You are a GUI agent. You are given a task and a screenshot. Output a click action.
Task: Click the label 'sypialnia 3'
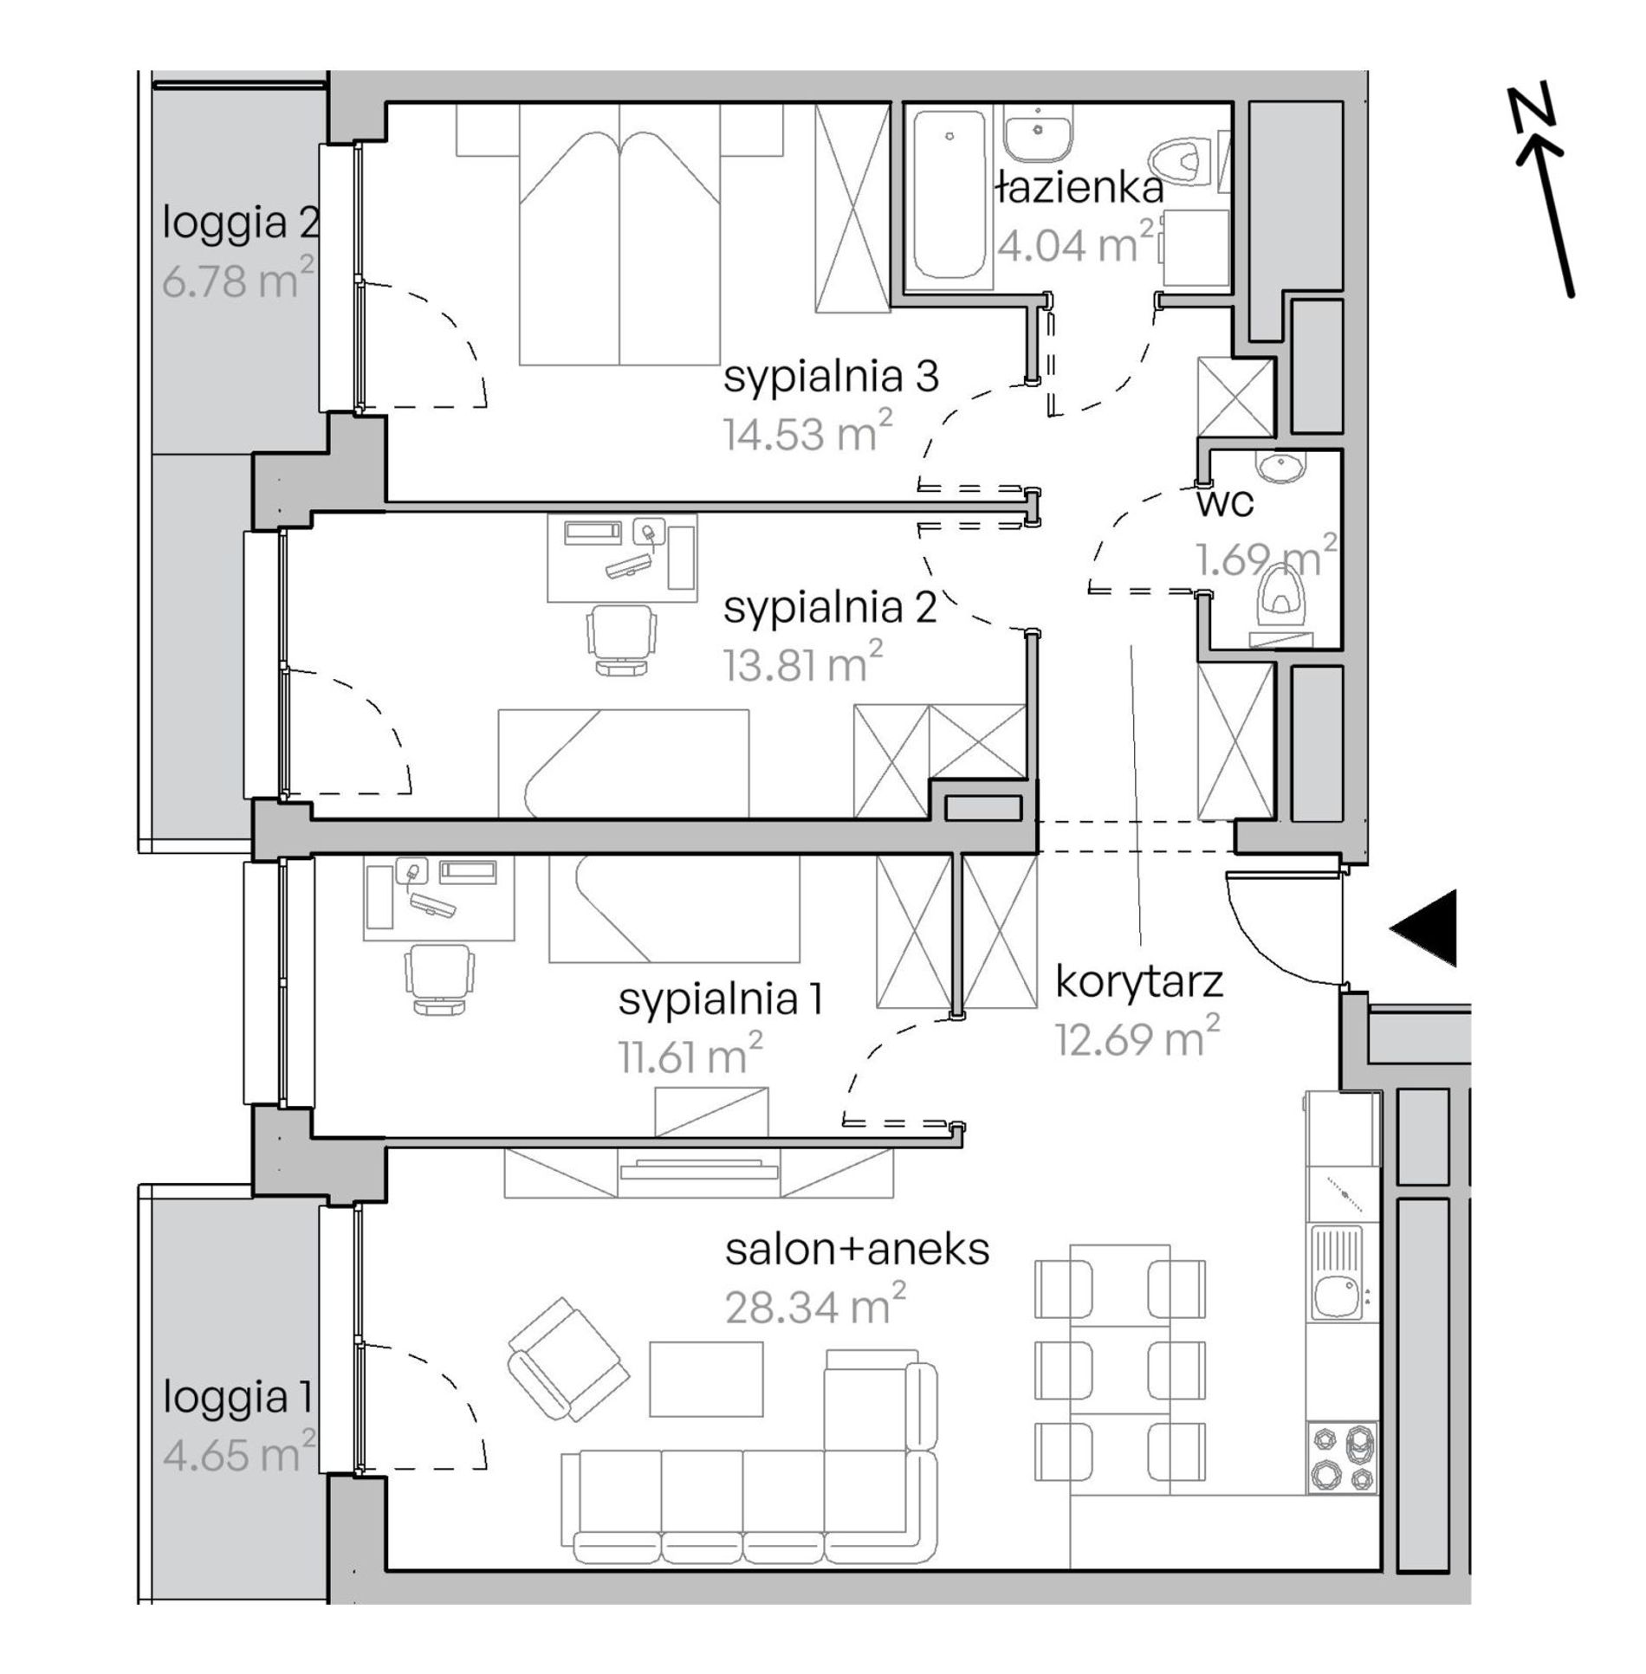831,378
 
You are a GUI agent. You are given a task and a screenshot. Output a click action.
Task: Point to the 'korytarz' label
1138,982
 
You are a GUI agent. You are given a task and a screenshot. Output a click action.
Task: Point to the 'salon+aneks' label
857,1250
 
